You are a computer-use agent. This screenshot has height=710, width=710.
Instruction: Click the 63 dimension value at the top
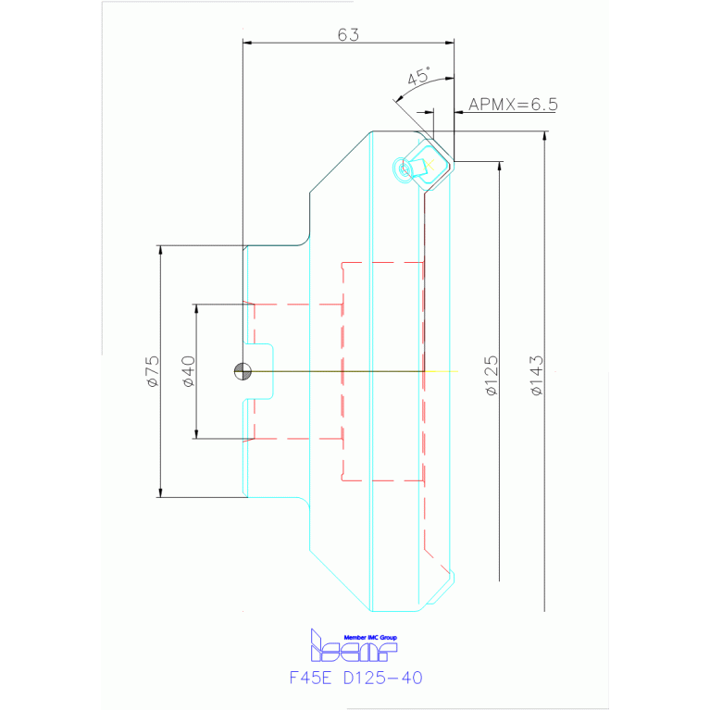tap(348, 34)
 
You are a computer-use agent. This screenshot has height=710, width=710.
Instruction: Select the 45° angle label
tap(419, 76)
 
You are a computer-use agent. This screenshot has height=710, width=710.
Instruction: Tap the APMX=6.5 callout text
tap(513, 105)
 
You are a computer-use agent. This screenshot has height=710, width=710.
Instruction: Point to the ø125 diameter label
tap(491, 375)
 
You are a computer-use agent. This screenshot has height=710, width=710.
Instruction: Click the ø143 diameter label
tap(536, 375)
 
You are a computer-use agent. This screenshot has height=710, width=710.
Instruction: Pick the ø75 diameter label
tap(152, 370)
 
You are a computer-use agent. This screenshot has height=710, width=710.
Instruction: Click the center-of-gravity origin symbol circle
tap(243, 371)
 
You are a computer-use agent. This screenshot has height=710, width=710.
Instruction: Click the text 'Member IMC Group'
tap(369, 638)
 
